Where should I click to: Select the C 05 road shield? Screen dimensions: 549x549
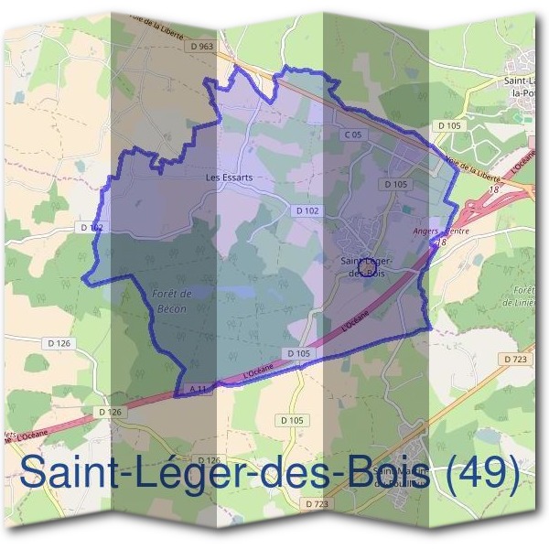point(354,135)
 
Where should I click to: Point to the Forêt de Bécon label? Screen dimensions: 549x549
point(168,301)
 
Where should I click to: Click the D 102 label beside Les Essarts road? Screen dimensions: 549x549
point(307,210)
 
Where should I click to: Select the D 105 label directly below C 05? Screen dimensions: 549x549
point(395,184)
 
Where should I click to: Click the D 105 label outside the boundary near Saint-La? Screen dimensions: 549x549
point(448,125)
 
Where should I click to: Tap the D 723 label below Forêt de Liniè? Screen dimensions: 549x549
point(515,360)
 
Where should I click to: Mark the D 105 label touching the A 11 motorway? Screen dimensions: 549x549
point(299,353)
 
